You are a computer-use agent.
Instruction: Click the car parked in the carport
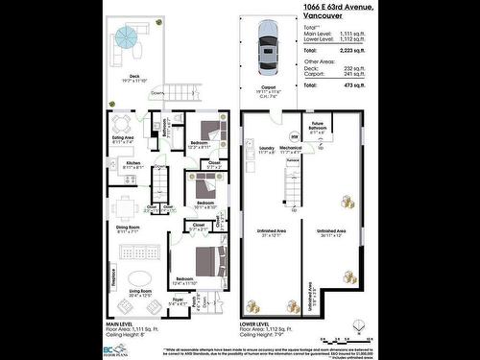[x=267, y=49]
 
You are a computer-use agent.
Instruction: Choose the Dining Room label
[x=129, y=228]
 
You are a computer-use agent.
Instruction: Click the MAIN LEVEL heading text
[x=120, y=324]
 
